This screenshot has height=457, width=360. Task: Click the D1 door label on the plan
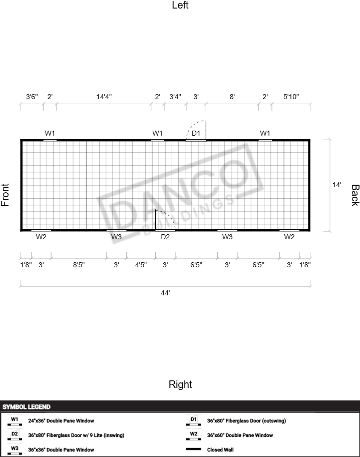[x=196, y=133]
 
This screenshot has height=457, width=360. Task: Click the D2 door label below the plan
[x=165, y=237]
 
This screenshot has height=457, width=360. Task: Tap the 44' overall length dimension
[x=165, y=293]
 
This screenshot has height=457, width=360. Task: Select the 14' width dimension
[x=336, y=185]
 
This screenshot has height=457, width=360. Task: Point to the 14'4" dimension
[x=104, y=97]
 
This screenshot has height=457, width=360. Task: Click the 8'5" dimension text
[x=79, y=265]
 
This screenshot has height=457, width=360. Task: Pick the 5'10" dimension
[x=291, y=97]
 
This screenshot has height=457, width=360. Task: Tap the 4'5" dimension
[x=141, y=265]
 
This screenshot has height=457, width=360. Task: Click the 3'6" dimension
[x=32, y=97]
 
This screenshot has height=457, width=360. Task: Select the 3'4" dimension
[x=175, y=97]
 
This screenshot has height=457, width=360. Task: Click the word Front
[x=5, y=195]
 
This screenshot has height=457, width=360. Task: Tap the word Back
[x=355, y=195]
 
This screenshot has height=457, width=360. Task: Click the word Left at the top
[x=180, y=5]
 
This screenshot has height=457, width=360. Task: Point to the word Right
[x=180, y=384]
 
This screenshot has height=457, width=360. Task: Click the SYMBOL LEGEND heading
[x=27, y=407]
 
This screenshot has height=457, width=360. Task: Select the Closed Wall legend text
[x=220, y=449]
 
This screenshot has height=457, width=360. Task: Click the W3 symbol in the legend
[x=15, y=449]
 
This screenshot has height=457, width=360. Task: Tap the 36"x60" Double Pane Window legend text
[x=240, y=435]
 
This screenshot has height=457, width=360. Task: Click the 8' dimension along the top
[x=232, y=97]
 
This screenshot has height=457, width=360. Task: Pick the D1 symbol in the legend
[x=194, y=420]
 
